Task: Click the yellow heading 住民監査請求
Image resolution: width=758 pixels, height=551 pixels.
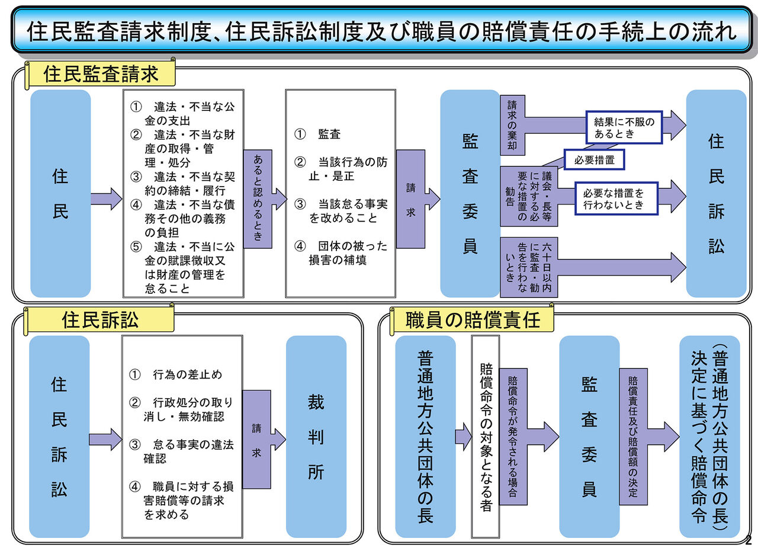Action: point(101,74)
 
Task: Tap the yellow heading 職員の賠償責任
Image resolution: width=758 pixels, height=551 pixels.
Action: point(473,321)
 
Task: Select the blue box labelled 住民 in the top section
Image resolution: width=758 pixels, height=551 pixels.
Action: point(60,194)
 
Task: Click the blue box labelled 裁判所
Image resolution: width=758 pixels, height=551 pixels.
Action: point(316,437)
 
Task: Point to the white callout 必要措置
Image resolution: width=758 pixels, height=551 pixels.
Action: point(594,160)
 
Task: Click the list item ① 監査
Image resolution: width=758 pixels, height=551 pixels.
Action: point(318,134)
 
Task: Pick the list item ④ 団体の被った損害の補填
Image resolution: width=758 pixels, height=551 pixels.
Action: point(341,253)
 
